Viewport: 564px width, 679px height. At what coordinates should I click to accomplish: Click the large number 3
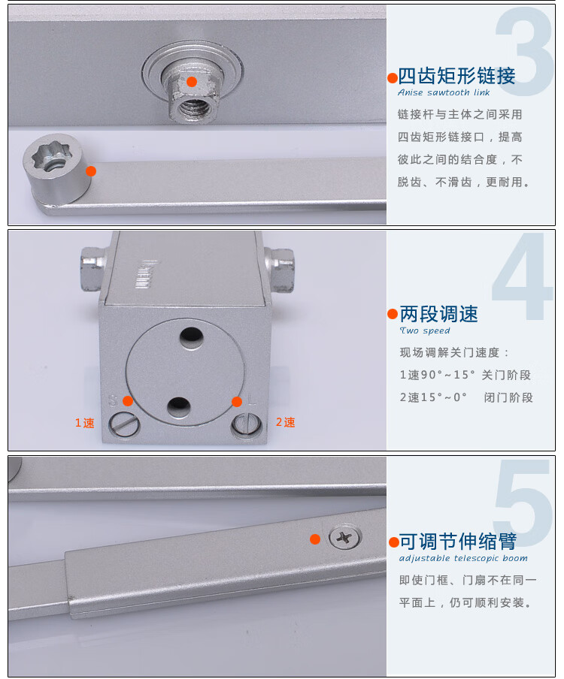coord(525,51)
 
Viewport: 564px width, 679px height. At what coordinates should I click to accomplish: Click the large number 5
coord(523,502)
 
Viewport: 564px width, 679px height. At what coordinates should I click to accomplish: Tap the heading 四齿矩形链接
coord(456,76)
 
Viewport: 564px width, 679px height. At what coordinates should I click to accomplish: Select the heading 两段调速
coord(438,314)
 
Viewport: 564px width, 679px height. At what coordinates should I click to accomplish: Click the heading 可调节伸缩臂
coord(458,542)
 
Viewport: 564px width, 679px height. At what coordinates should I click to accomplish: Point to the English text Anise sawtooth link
coord(444,92)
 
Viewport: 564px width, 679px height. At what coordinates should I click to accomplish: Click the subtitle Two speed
coord(425,330)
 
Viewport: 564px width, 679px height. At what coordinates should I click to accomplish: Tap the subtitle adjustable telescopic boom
coord(463,558)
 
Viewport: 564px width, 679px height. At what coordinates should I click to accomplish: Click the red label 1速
coord(84,423)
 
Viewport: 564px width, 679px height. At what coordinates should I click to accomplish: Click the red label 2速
coord(285,422)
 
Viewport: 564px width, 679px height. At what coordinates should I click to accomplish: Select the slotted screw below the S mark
coord(124,424)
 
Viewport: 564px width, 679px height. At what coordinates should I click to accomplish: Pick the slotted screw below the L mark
coord(247,424)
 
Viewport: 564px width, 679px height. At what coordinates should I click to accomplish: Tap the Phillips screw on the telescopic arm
coord(344,538)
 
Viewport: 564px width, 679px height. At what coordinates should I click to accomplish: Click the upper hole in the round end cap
coord(192,336)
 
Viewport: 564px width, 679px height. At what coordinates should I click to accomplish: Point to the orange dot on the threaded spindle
coord(192,81)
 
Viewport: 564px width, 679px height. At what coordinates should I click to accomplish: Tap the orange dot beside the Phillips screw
coord(315,539)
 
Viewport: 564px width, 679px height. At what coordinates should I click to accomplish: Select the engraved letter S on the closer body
coord(113,400)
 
